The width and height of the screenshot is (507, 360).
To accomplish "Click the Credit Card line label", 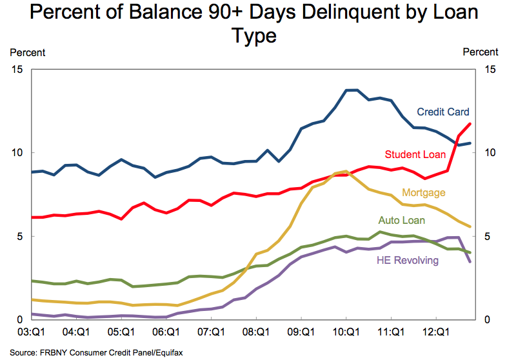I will [443, 112].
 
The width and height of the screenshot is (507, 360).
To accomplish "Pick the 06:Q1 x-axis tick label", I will [166, 334].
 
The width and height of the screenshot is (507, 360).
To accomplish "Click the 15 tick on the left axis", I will [18, 70].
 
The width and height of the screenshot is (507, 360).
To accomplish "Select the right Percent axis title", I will [481, 52].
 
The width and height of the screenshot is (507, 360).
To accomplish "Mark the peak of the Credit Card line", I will [352, 90].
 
